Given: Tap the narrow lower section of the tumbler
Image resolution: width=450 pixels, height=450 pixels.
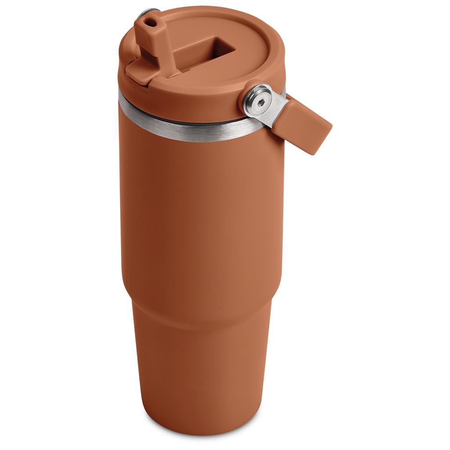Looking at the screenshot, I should click(x=202, y=374).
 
